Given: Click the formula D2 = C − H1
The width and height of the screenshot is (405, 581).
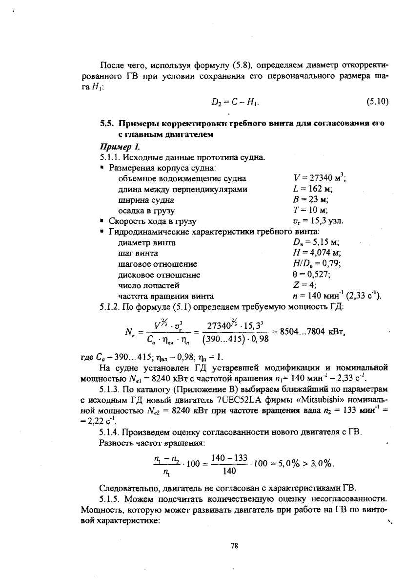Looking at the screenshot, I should pos(234,102).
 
